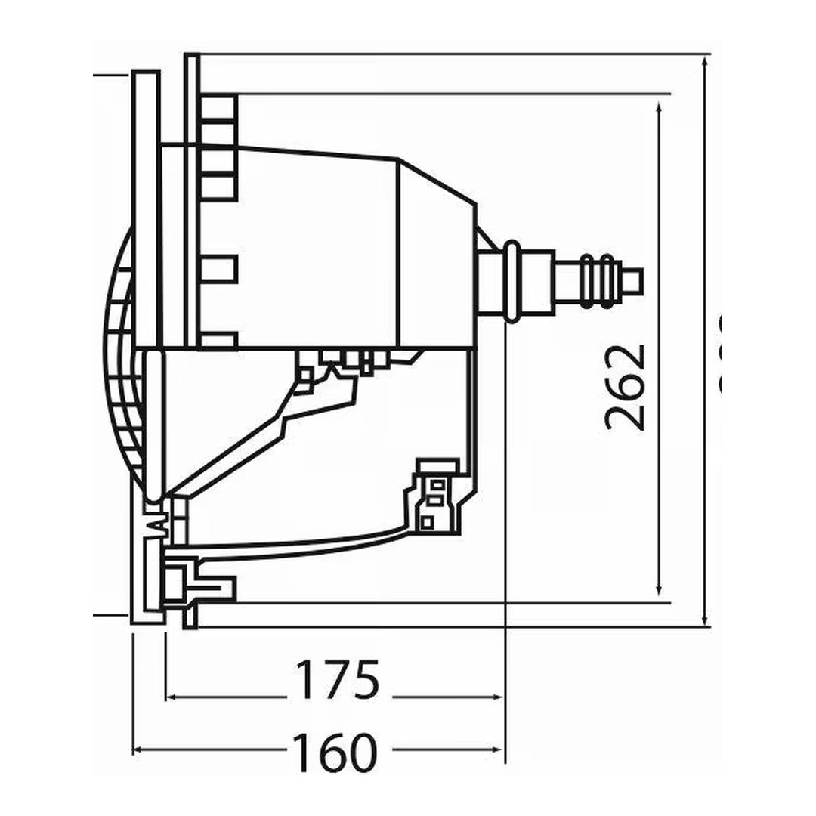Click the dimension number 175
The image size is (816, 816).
[x=336, y=679]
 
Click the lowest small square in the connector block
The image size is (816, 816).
[x=427, y=521]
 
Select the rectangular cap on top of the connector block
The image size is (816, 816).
[x=438, y=465]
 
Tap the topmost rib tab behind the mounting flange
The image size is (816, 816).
[x=219, y=107]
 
